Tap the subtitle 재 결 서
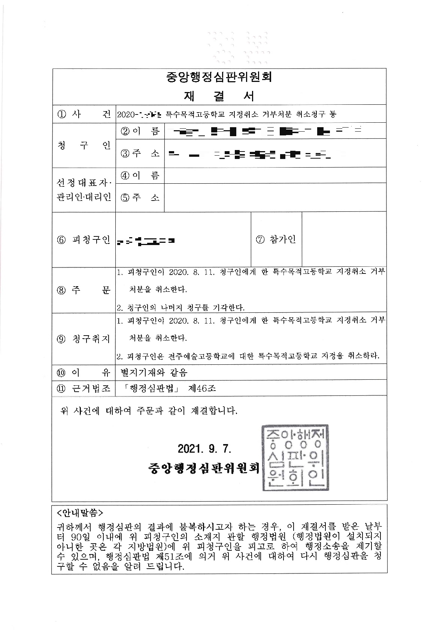[x=219, y=96]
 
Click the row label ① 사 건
[x=84, y=114]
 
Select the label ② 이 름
[x=140, y=131]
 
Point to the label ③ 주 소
[x=140, y=153]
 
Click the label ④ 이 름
[x=140, y=175]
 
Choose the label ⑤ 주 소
[x=140, y=197]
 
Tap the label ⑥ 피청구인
[x=84, y=240]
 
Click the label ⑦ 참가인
[x=276, y=240]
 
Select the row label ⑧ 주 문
[x=84, y=290]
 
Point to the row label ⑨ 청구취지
[x=84, y=339]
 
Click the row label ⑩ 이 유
[x=84, y=372]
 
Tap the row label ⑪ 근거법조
[x=84, y=388]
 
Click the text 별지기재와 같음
[x=154, y=372]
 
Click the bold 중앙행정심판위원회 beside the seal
[x=204, y=468]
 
